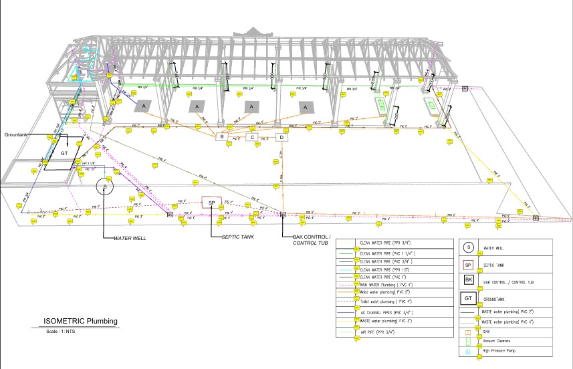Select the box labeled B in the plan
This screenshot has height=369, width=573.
coord(222,137)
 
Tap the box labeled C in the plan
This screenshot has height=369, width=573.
coord(252,137)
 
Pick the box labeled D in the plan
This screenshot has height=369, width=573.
coord(282,137)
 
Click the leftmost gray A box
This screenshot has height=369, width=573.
coord(144,106)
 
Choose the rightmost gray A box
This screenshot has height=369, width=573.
coord(306,107)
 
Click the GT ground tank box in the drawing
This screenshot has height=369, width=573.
coord(65,153)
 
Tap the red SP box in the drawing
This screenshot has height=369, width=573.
coord(211,203)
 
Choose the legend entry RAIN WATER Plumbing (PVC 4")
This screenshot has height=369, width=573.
coord(386,283)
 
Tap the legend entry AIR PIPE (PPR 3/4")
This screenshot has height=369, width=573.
coord(378,331)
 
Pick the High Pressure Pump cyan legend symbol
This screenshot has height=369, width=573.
coord(469,351)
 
